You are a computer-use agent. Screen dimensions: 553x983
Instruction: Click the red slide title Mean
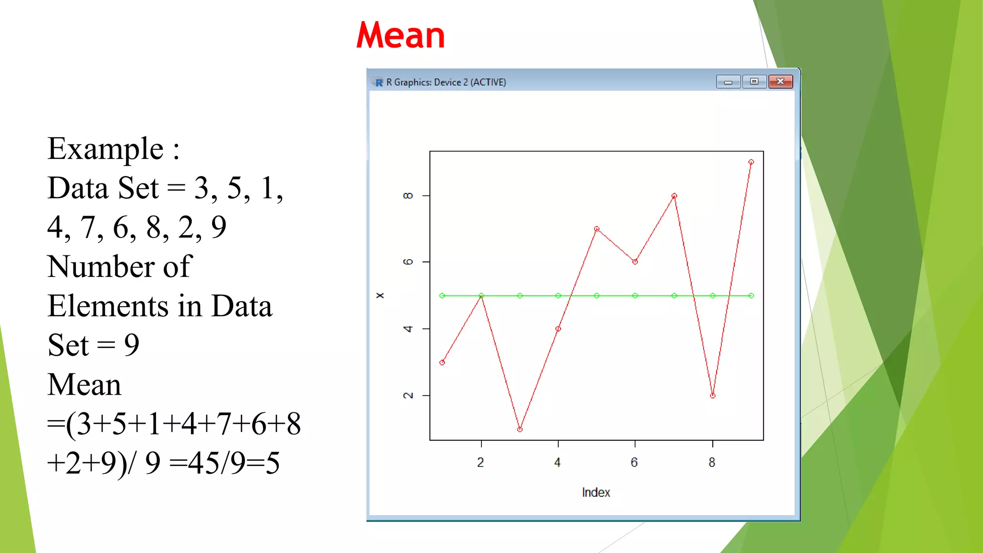(x=400, y=36)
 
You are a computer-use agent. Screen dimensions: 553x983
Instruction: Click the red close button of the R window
(x=780, y=82)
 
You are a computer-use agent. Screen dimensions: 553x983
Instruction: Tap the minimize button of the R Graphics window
(x=728, y=82)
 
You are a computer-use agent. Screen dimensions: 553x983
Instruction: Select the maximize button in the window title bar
(x=754, y=82)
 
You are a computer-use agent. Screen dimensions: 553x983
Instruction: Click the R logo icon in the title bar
(x=378, y=82)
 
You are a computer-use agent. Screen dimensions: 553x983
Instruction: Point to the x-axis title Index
(x=596, y=493)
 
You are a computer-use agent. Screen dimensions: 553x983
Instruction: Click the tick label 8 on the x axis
(x=712, y=462)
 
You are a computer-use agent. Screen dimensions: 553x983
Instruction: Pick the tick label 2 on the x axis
(x=480, y=462)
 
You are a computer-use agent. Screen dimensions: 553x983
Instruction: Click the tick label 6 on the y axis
(x=408, y=262)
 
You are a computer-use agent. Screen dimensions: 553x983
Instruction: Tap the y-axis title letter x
(x=380, y=295)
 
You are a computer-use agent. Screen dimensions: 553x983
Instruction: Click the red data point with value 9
(x=751, y=162)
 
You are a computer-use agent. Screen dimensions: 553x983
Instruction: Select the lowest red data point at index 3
(x=520, y=429)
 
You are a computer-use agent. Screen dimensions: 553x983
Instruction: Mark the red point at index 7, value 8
(x=674, y=196)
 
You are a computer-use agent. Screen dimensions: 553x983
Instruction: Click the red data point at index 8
(x=713, y=396)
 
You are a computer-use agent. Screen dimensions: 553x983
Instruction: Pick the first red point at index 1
(x=442, y=362)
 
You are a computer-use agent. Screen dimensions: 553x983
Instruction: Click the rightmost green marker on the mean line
(x=751, y=296)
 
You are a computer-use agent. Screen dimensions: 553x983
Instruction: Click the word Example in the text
(x=106, y=149)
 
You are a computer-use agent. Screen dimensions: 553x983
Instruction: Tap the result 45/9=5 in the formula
(x=233, y=463)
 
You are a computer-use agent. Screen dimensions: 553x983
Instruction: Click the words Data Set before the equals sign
(x=103, y=188)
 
